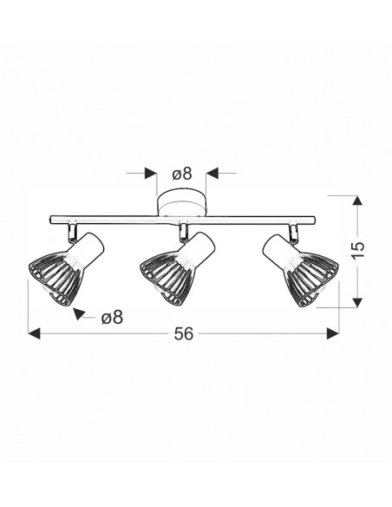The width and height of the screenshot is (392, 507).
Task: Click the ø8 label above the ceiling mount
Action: (x=182, y=174)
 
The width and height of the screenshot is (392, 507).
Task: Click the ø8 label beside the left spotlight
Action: (x=113, y=318)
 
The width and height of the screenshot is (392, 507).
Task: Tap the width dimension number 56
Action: (x=184, y=333)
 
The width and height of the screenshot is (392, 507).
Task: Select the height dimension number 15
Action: (x=358, y=249)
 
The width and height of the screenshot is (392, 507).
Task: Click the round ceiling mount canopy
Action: (x=181, y=203)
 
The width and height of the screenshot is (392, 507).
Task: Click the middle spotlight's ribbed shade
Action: (x=167, y=277)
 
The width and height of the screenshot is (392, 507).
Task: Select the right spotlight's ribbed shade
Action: (x=311, y=278)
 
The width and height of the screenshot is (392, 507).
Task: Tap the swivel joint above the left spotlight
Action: (x=72, y=233)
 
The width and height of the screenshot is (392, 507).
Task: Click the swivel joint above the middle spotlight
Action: (x=184, y=233)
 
